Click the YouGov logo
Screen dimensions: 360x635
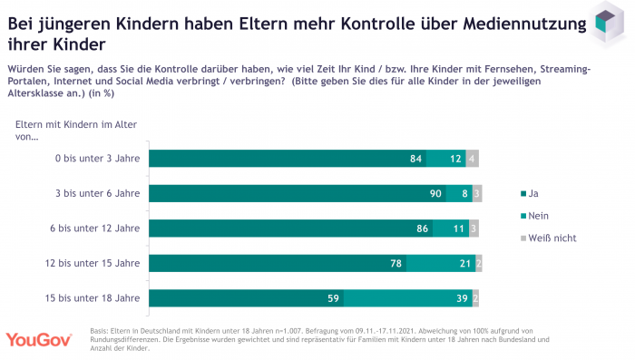tap(40, 339)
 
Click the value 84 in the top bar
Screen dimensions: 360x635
tap(416, 160)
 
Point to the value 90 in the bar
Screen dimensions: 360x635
tap(435, 194)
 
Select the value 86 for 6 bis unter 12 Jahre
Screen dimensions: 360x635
tap(422, 229)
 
